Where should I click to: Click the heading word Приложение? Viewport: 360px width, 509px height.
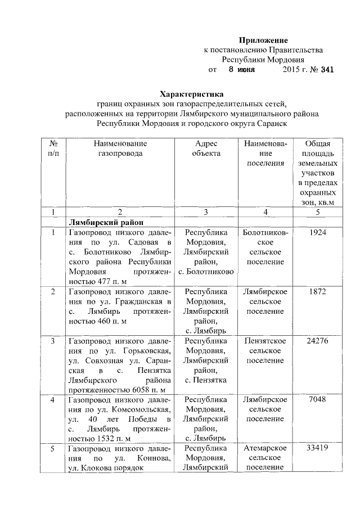(263, 40)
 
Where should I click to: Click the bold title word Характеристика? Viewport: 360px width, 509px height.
(192, 93)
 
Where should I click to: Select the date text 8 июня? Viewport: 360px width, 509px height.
(241, 70)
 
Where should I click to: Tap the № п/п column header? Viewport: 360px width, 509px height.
(53, 148)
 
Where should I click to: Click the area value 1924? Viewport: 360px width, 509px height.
(318, 232)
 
